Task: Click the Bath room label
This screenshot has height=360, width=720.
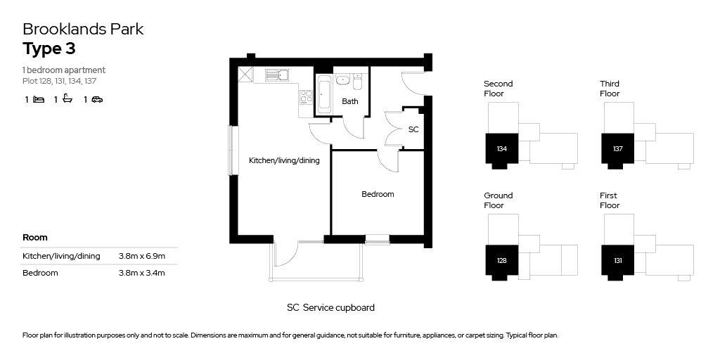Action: (x=350, y=101)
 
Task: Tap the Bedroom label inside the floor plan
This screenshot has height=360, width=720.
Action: (x=378, y=194)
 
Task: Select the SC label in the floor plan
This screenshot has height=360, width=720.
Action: (x=413, y=129)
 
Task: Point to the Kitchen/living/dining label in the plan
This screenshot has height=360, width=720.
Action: (x=284, y=161)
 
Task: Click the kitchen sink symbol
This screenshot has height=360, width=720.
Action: (x=276, y=75)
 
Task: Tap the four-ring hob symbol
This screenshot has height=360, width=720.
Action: (x=306, y=97)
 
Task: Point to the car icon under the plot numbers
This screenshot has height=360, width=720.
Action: (x=97, y=99)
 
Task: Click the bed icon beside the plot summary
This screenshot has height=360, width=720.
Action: (x=39, y=99)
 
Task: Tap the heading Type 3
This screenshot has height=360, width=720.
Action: (x=49, y=49)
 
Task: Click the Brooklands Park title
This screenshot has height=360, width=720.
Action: (x=83, y=29)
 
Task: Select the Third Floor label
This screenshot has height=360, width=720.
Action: (x=610, y=89)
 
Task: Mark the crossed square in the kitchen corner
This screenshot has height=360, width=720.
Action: (x=245, y=75)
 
